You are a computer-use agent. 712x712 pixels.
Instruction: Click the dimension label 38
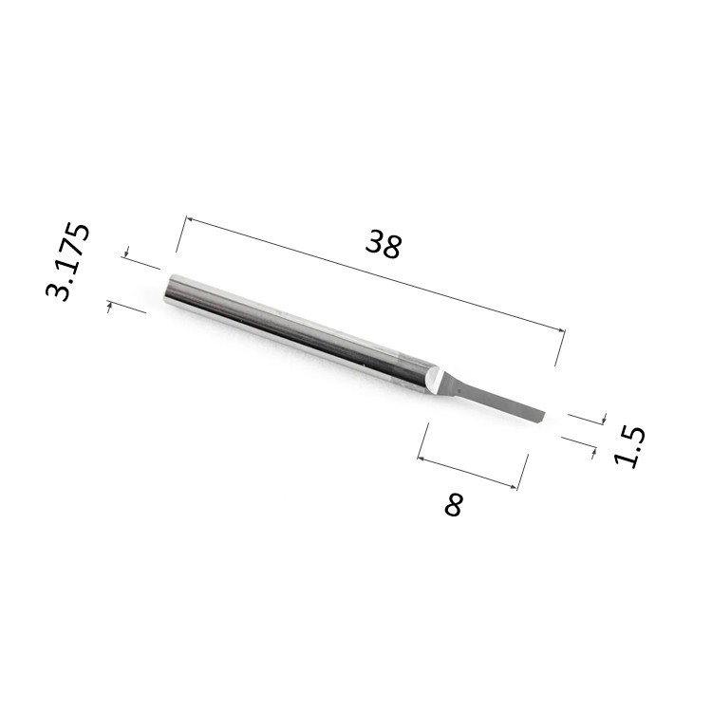(384, 244)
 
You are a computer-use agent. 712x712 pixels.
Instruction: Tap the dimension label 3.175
(68, 261)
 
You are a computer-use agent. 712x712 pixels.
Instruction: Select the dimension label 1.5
(629, 447)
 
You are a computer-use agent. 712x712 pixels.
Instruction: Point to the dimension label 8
(454, 504)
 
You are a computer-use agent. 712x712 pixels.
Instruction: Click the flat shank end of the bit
(168, 290)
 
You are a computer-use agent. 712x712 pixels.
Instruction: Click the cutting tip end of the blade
(543, 417)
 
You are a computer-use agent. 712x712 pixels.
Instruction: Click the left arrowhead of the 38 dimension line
(190, 220)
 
